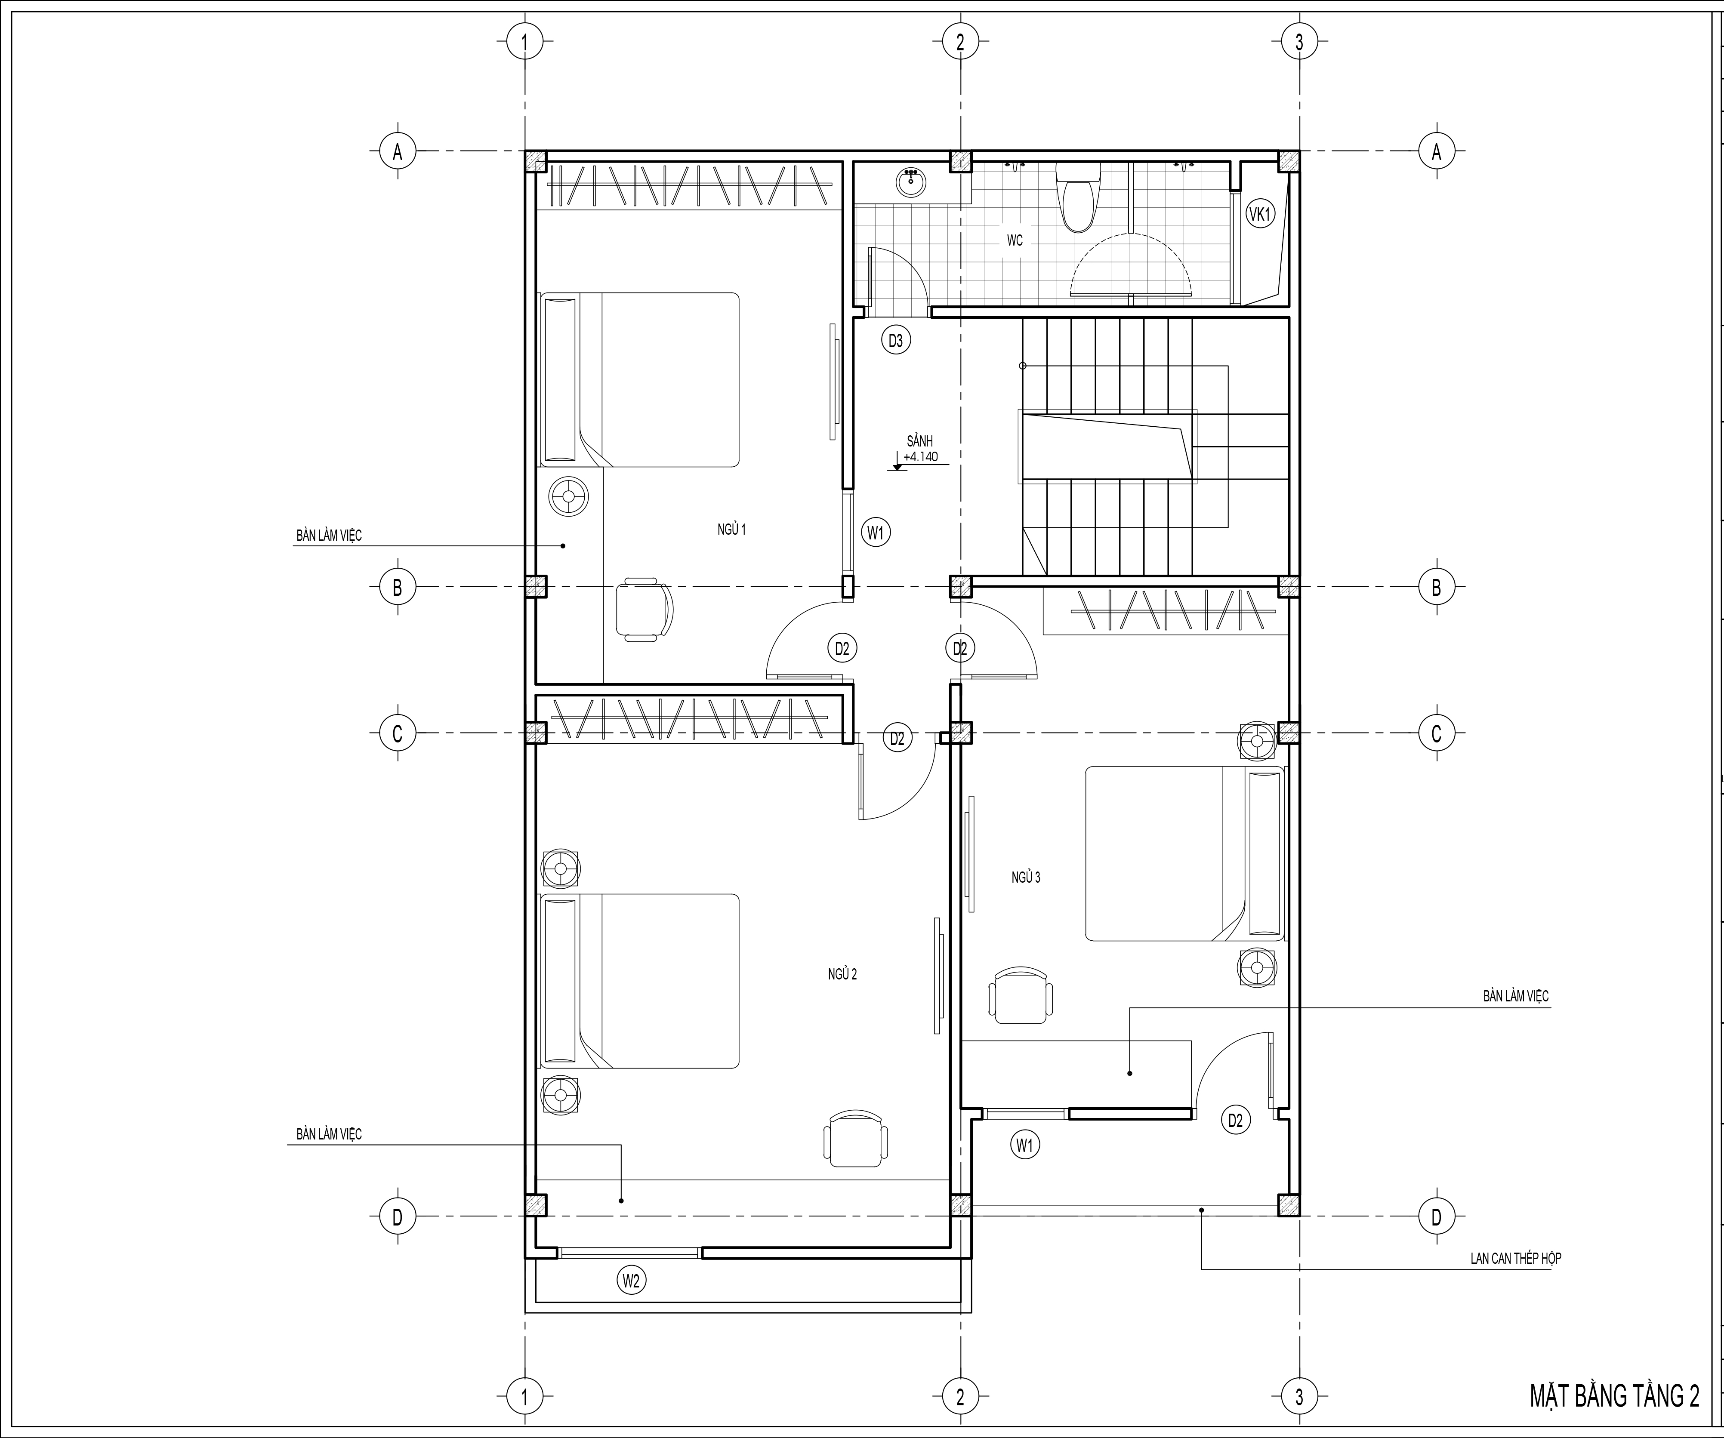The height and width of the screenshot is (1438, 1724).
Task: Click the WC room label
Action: pos(1015,240)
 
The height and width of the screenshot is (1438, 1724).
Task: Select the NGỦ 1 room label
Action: pos(731,530)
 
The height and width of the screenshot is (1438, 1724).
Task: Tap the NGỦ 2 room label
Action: pos(842,974)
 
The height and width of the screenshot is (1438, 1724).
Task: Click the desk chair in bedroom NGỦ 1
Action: pos(645,609)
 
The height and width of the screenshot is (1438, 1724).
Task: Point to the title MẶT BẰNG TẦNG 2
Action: pos(1614,1396)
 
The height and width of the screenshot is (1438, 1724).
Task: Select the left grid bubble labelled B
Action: pos(398,587)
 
